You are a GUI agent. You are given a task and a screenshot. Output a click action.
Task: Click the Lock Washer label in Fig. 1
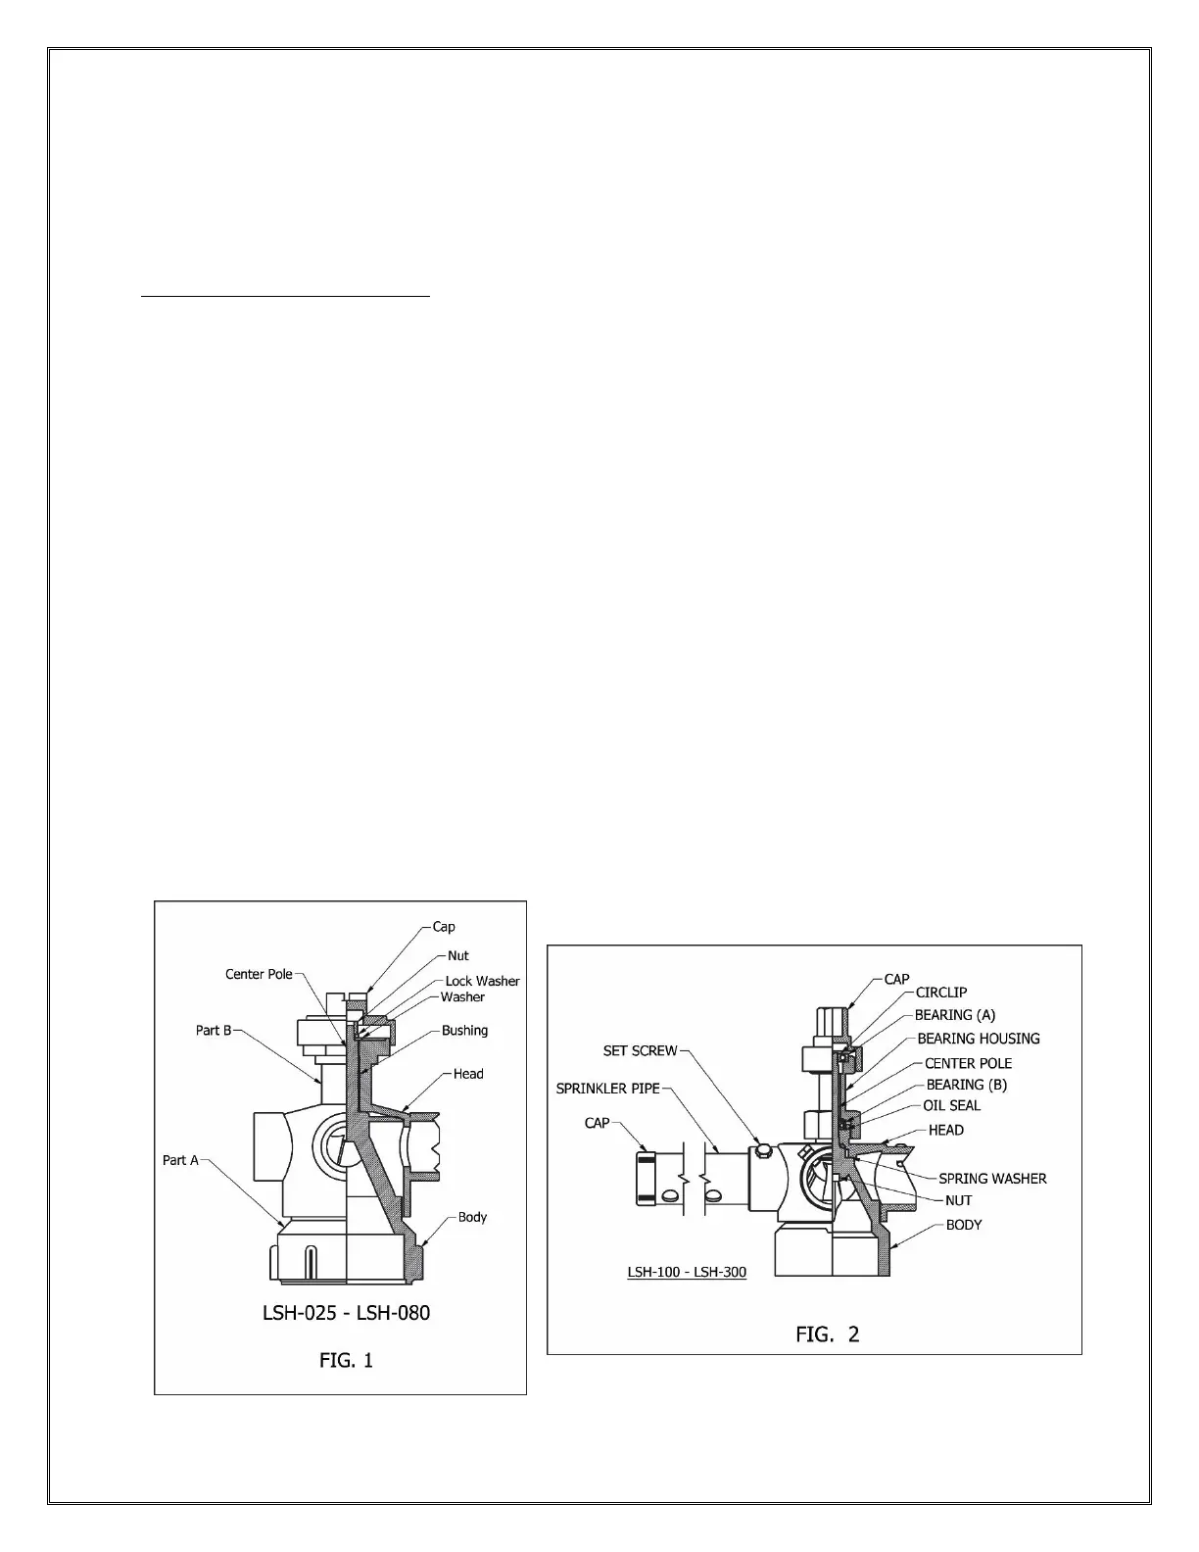pos(482,981)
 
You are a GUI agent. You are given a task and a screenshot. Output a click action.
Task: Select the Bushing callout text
pos(464,1030)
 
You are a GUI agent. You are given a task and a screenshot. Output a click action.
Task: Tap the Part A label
pos(180,1160)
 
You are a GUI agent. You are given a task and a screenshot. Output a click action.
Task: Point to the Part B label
pos(214,1030)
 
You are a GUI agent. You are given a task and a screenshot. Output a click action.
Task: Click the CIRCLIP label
pos(941,993)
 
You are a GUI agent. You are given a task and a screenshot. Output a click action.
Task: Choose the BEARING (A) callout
pos(955,1015)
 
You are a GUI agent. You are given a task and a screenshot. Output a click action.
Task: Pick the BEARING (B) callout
pos(966,1085)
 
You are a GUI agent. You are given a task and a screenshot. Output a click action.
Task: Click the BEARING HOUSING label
pos(979,1039)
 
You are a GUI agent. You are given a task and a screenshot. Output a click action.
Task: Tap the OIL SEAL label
pos(951,1105)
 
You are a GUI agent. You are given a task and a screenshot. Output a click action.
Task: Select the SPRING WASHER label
pos(992,1179)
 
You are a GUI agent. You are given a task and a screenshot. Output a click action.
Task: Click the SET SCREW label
pos(640,1050)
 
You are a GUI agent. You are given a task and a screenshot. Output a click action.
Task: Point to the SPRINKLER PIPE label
pos(607,1089)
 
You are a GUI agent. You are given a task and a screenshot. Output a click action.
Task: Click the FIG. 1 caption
pos(346,1360)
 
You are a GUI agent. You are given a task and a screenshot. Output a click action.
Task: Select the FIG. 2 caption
pos(827,1334)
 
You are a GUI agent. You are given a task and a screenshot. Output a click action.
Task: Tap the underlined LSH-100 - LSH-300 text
pos(687,1272)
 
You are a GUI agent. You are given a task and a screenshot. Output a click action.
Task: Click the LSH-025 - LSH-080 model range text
pos(346,1312)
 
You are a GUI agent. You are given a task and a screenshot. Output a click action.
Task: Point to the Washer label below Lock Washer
pos(462,997)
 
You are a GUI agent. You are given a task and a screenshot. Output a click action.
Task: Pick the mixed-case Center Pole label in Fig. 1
pos(259,974)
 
